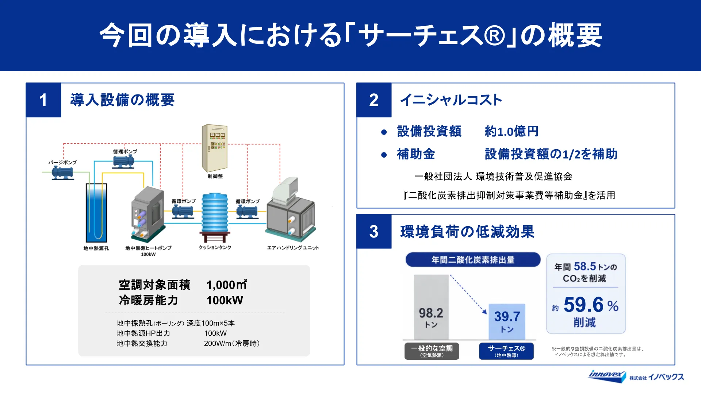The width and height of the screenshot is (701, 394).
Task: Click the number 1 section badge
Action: coord(43,100)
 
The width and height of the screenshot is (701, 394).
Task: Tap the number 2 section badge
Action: coord(374,100)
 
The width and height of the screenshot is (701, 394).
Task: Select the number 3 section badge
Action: coord(374,232)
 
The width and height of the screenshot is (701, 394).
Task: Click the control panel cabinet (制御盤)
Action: coord(215,148)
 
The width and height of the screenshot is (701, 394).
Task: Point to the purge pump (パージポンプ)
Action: coord(63,173)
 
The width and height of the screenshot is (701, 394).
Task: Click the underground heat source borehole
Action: coord(96,213)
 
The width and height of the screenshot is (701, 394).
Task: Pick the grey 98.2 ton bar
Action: coord(431,307)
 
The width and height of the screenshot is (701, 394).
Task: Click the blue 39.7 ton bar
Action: coord(507,322)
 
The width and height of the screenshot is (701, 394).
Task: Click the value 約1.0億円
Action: coord(512,131)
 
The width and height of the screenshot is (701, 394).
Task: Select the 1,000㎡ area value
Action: coord(227,285)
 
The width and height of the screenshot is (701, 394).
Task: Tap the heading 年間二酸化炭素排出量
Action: coord(473,260)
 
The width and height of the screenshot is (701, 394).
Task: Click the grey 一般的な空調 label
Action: coord(432,351)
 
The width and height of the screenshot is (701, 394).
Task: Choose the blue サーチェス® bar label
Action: coord(506,351)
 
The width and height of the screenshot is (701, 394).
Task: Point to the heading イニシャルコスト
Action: coord(451,100)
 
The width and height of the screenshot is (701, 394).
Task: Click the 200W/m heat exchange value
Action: coord(232,343)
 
